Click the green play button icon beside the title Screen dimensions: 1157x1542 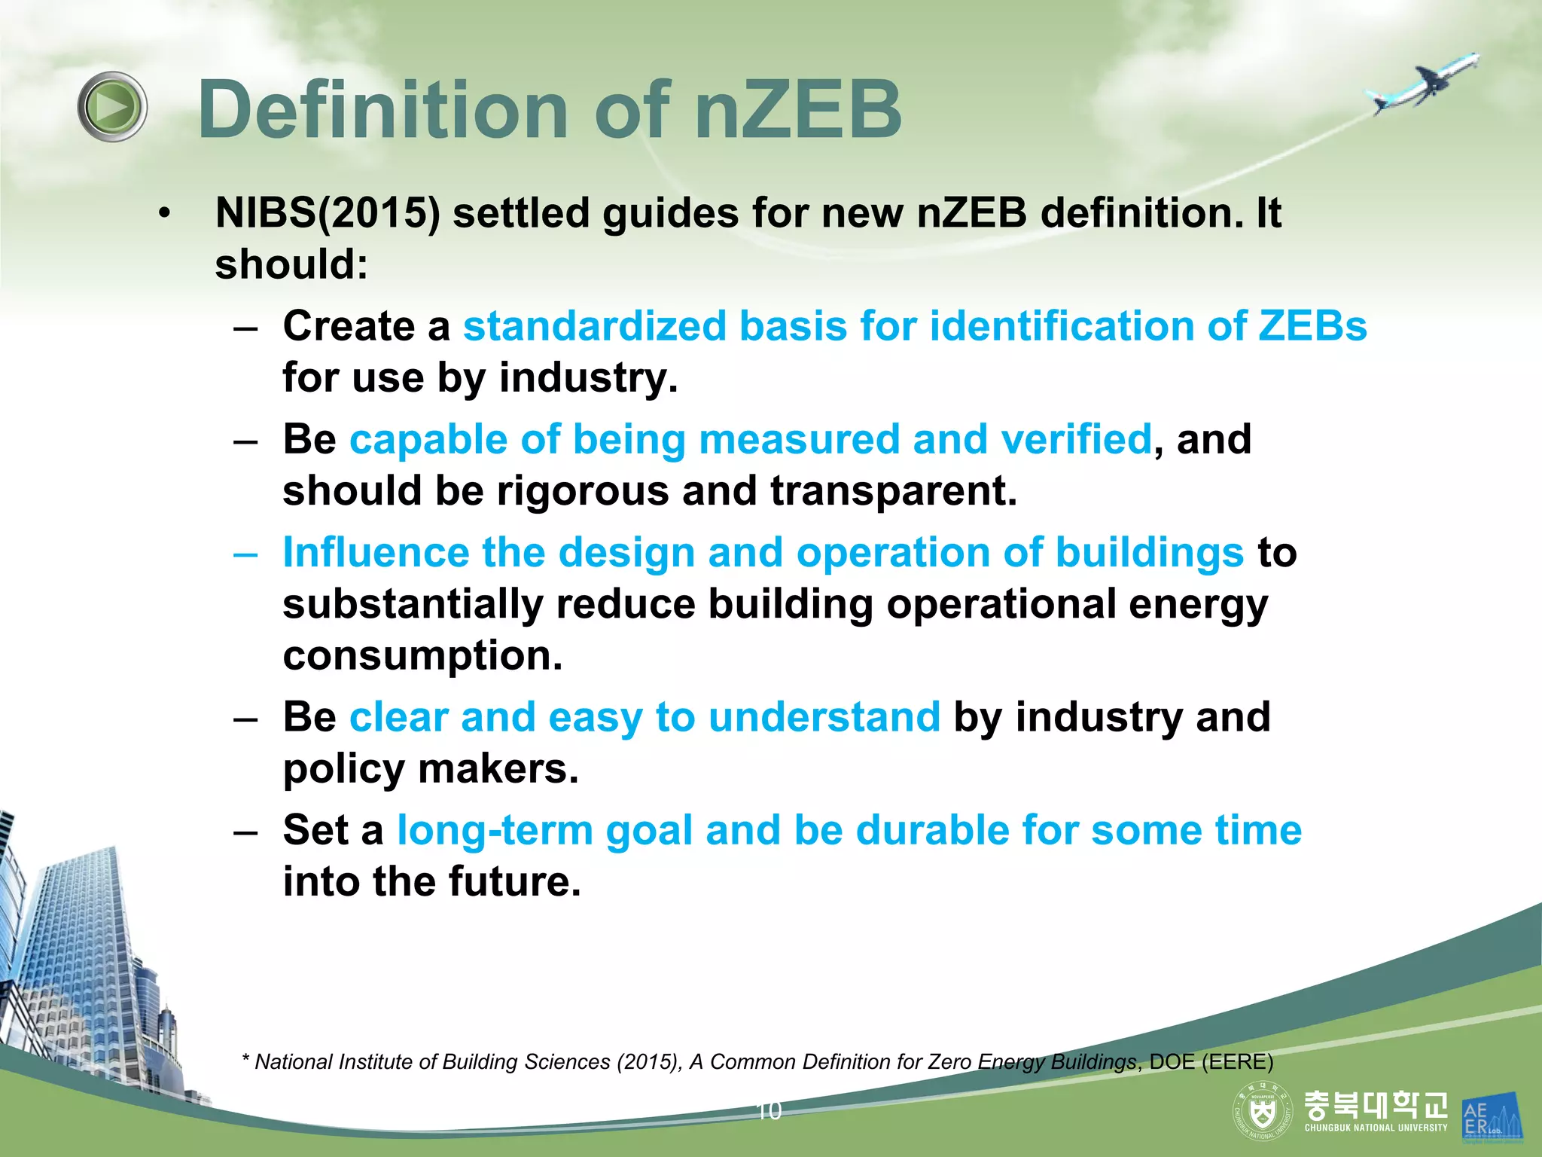pyautogui.click(x=112, y=107)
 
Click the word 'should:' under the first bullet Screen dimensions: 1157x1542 pyautogui.click(x=291, y=265)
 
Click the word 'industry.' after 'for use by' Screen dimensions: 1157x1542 pyautogui.click(x=588, y=377)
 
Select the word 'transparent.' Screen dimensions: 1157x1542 pyautogui.click(x=893, y=491)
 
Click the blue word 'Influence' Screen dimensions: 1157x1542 pyautogui.click(x=376, y=553)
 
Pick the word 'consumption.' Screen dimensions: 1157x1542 pyautogui.click(x=422, y=655)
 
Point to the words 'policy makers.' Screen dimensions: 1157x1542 pyautogui.click(x=431, y=769)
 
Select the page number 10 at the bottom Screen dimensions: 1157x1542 pyautogui.click(x=769, y=1111)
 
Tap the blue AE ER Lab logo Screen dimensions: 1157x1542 pyautogui.click(x=1491, y=1116)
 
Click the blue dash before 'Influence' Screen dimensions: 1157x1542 pyautogui.click(x=245, y=554)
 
